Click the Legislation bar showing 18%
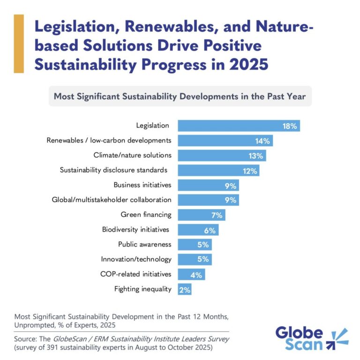pyautogui.click(x=239, y=126)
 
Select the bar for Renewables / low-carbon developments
pyautogui.click(x=225, y=141)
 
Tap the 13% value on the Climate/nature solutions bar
pyautogui.click(x=257, y=156)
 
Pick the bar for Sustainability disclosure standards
pyautogui.click(x=218, y=171)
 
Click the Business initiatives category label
pyautogui.click(x=142, y=185)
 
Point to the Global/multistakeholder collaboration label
pyautogui.click(x=111, y=200)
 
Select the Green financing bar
pyautogui.click(x=202, y=215)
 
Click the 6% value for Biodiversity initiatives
pyautogui.click(x=209, y=230)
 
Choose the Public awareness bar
pyautogui.click(x=195, y=244)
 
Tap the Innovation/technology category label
pyautogui.click(x=136, y=259)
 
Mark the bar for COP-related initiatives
pyautogui.click(x=191, y=274)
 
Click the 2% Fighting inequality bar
pyautogui.click(x=185, y=289)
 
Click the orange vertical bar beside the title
pyautogui.click(x=19, y=44)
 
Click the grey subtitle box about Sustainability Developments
pyautogui.click(x=180, y=97)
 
